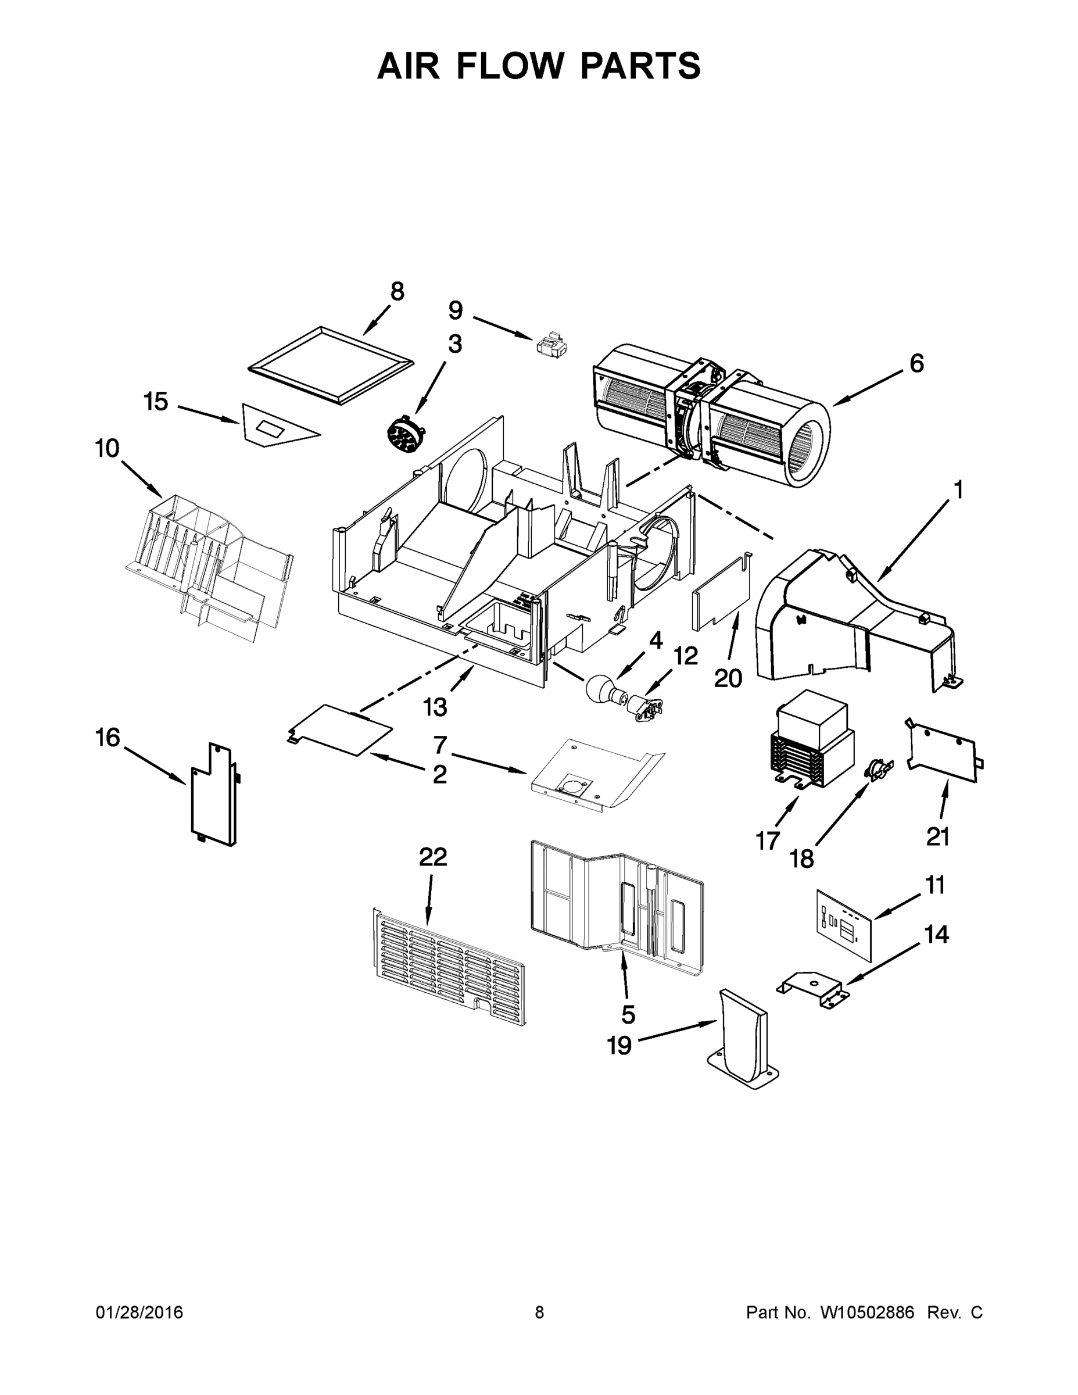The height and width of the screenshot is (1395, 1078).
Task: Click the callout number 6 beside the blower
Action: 916,363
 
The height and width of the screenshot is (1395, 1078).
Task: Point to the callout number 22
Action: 433,857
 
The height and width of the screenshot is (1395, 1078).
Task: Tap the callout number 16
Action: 108,738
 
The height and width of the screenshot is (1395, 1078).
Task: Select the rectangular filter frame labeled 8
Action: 330,366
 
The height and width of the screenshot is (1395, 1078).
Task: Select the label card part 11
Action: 844,932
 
